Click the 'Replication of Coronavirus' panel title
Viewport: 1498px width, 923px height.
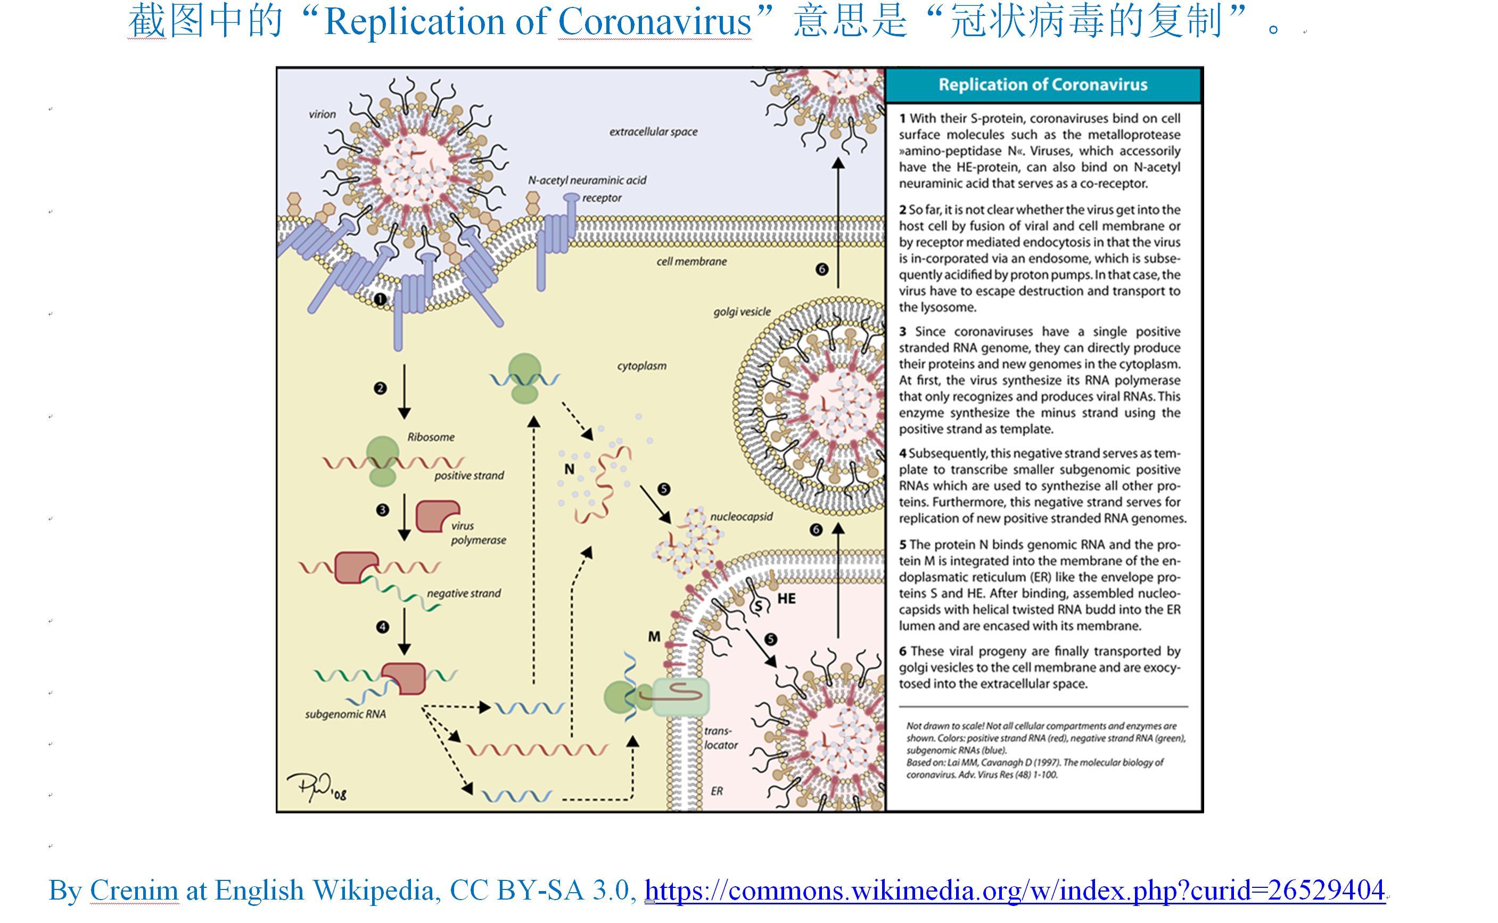point(1043,84)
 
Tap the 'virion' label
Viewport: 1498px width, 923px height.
point(322,114)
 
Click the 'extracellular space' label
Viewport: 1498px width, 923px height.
point(653,131)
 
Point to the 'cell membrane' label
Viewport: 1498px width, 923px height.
point(692,261)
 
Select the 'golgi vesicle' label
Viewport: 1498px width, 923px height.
point(742,312)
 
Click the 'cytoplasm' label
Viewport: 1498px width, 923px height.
point(641,366)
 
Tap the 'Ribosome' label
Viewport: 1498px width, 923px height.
point(431,437)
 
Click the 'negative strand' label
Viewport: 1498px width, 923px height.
point(463,594)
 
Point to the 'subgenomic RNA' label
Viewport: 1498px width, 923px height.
point(345,714)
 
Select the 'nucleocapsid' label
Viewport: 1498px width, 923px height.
point(741,516)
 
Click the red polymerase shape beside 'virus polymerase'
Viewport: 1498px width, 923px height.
point(437,516)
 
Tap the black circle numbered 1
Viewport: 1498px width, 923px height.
point(380,299)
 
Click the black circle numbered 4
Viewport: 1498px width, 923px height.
point(383,627)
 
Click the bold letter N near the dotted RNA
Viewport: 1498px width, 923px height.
point(569,469)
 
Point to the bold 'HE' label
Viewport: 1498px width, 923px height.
point(786,599)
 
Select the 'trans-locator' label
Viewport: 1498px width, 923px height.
point(720,737)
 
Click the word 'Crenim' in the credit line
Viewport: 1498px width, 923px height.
point(134,890)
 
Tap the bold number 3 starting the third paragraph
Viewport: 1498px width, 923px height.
point(902,332)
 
